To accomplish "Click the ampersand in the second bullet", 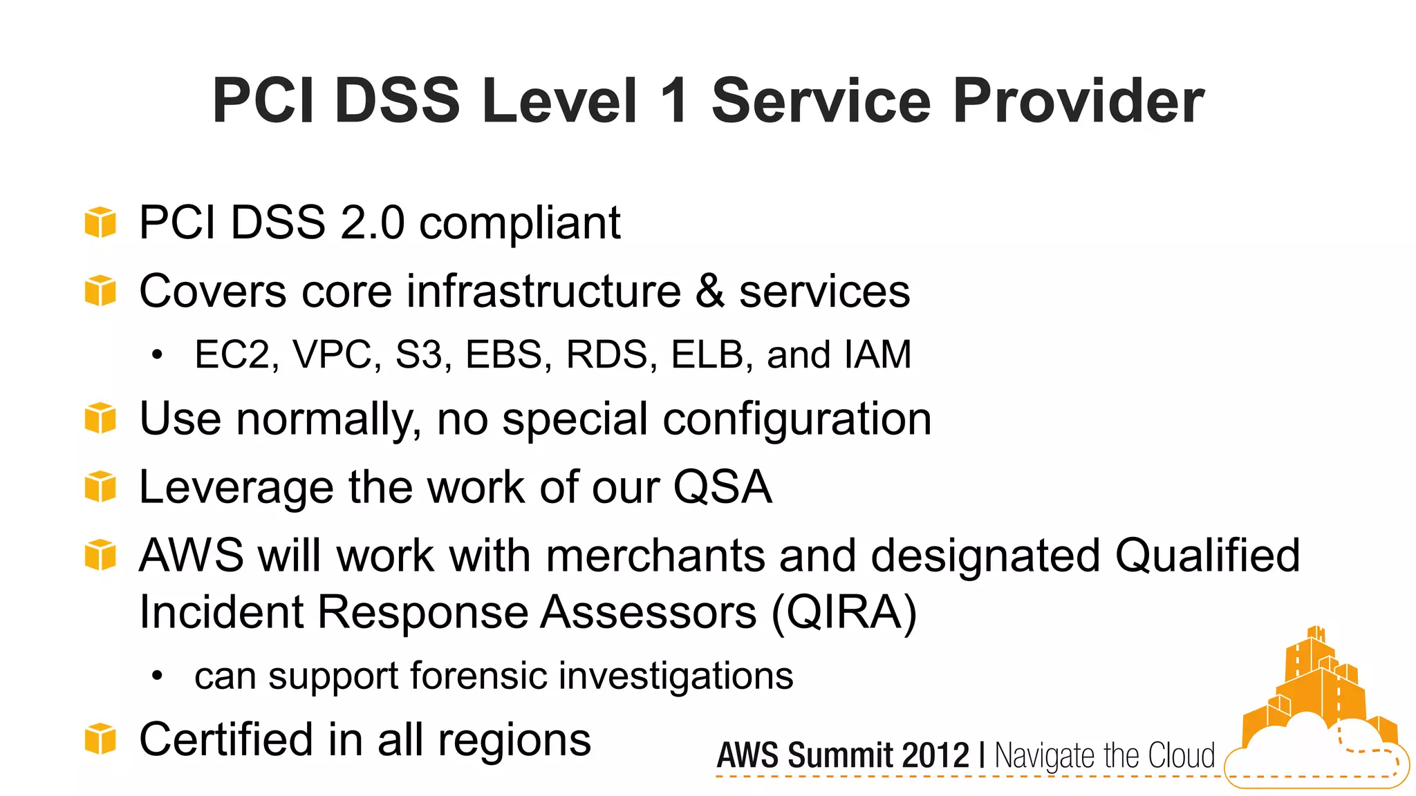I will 710,291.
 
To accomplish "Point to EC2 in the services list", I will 232,354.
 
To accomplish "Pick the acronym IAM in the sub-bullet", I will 877,354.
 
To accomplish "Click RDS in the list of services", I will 607,354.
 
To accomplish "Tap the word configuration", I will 797,419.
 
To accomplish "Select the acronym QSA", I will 722,487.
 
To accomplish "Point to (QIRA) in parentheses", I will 844,612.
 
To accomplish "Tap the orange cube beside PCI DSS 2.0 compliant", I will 100,222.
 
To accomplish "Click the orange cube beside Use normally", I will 100,419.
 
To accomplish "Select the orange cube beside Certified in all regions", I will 100,739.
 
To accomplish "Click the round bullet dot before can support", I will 158,676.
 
